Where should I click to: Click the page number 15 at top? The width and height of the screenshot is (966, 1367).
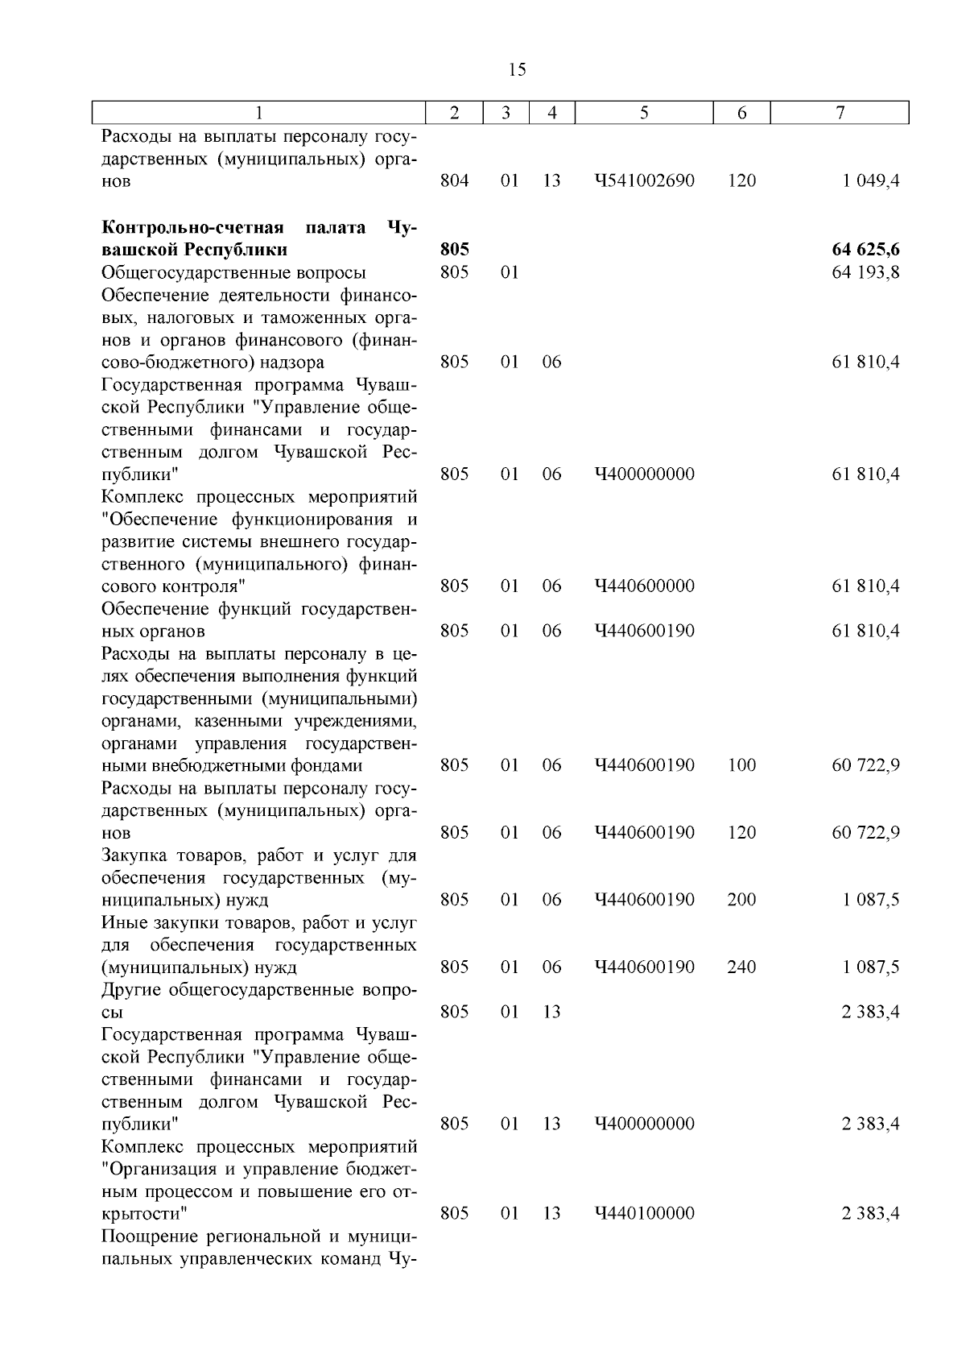(518, 69)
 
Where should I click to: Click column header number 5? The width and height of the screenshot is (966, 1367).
(644, 114)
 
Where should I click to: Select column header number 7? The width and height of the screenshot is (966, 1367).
(840, 114)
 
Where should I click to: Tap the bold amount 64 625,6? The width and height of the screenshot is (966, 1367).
(865, 250)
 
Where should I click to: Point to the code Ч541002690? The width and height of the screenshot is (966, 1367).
(644, 181)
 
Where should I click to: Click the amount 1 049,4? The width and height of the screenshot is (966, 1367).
(871, 181)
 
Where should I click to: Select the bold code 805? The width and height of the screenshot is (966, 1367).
(455, 250)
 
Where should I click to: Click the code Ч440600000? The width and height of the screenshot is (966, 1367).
(644, 586)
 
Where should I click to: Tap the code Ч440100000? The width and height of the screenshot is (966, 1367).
(644, 1213)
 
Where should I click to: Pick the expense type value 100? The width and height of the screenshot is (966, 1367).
(741, 765)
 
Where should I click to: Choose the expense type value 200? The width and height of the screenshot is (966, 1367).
(741, 900)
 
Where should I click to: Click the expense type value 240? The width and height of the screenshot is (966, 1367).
(741, 967)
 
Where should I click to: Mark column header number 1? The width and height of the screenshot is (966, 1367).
(258, 114)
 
